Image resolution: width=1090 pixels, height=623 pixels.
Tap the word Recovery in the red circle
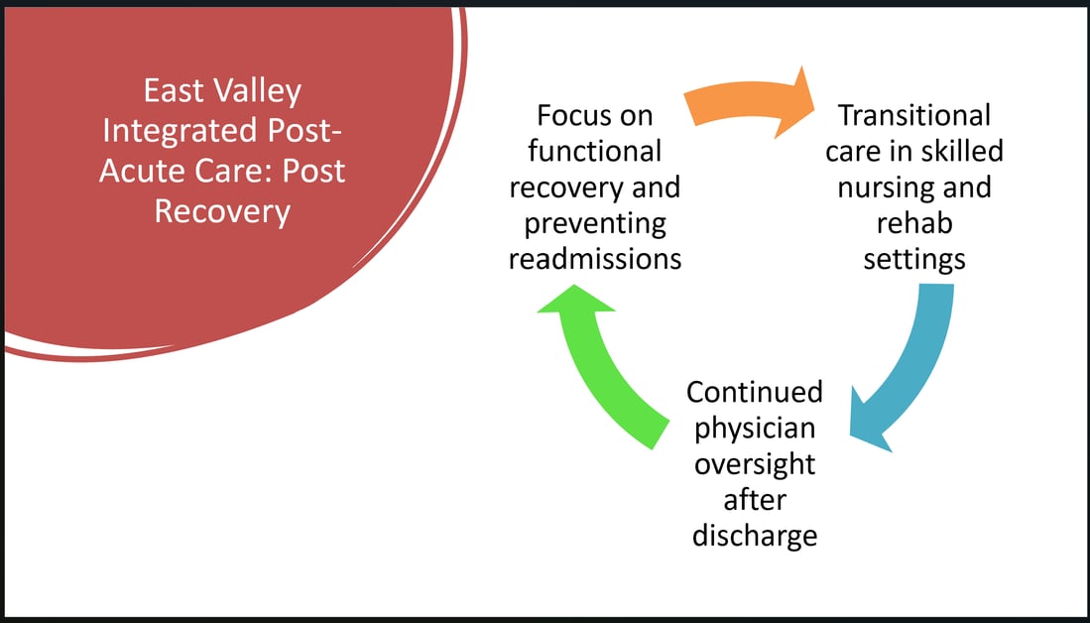tap(222, 212)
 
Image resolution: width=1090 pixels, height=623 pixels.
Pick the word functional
tap(594, 152)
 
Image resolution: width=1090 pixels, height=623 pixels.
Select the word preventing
tap(595, 224)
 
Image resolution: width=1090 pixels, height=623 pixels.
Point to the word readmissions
tap(595, 259)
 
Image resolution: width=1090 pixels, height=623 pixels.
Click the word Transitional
tap(914, 115)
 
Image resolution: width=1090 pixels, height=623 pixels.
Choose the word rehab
tap(914, 223)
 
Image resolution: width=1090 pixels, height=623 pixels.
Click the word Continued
tap(754, 392)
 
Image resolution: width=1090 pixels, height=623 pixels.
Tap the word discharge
tap(754, 536)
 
